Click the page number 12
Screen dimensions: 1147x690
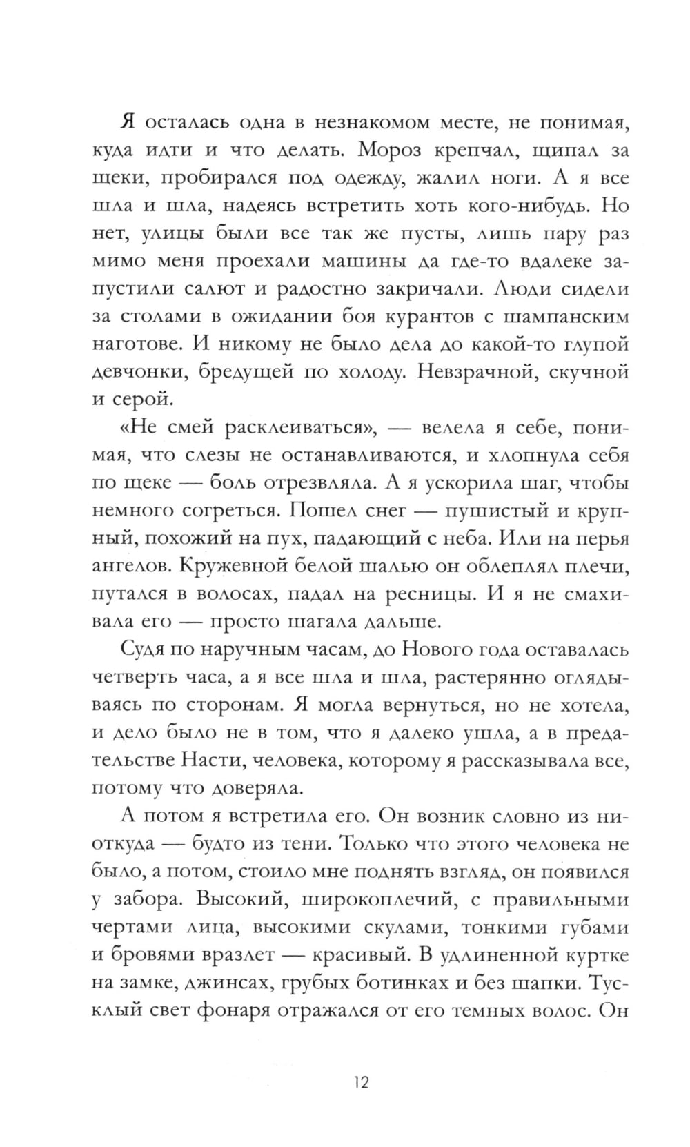[x=361, y=1081]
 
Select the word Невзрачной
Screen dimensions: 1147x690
[x=478, y=372]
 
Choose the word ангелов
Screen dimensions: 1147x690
[x=132, y=567]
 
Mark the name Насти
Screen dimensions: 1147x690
[x=213, y=761]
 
